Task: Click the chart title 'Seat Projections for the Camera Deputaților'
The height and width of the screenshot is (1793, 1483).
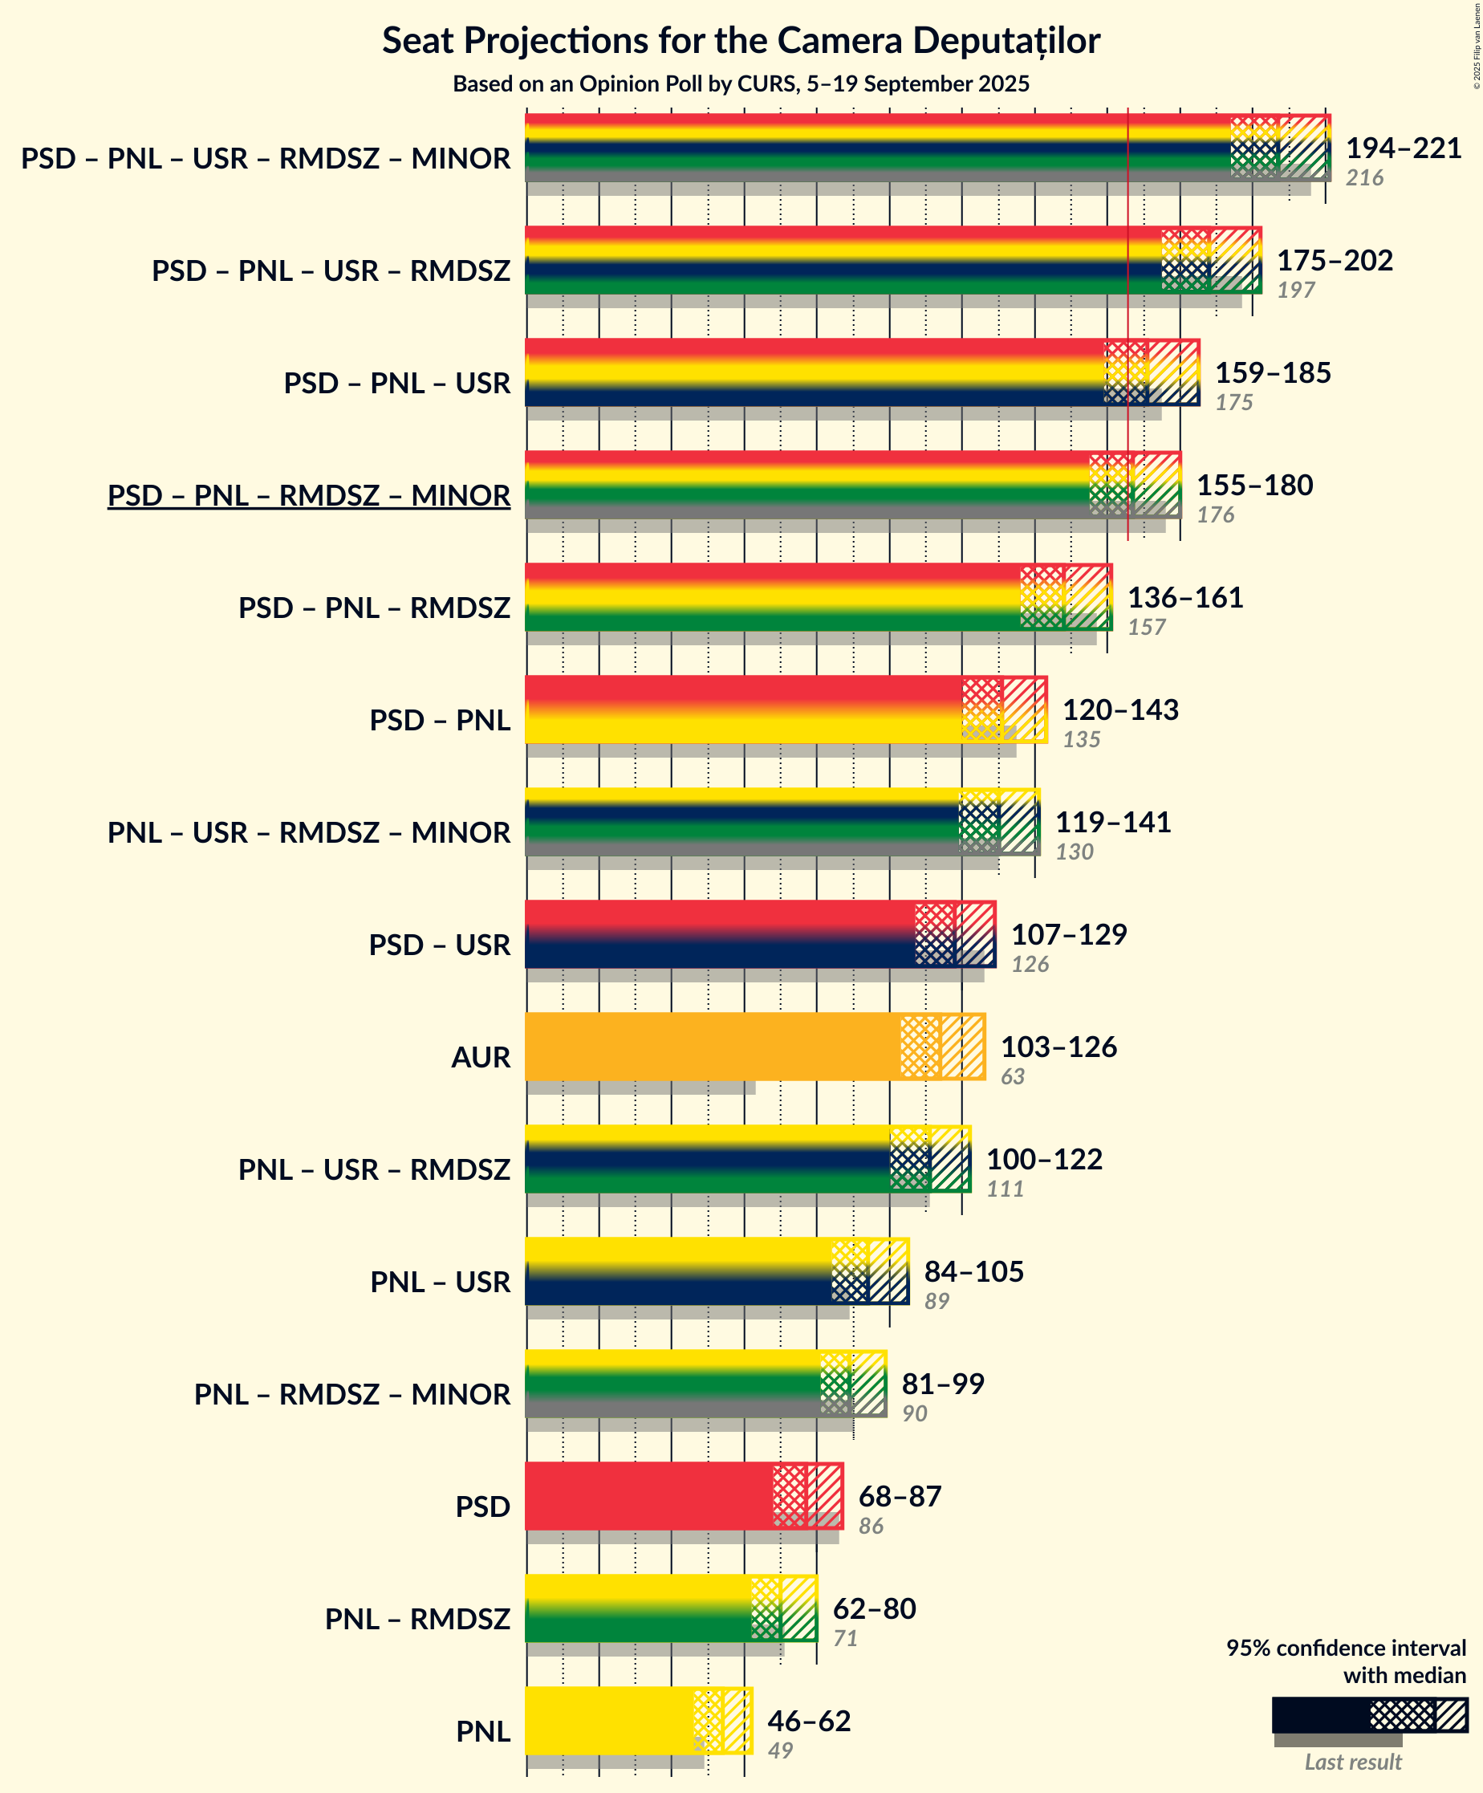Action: [x=741, y=41]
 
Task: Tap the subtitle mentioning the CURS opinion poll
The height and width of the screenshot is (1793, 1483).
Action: [x=741, y=83]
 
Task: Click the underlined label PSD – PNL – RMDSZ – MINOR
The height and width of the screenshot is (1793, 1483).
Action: [x=309, y=495]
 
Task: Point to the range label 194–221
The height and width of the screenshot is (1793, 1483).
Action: [x=1404, y=148]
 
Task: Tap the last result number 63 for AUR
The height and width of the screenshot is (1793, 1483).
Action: [x=1013, y=1076]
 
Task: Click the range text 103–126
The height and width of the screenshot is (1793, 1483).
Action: [x=1058, y=1047]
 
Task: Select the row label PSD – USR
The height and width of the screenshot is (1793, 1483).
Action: [x=440, y=945]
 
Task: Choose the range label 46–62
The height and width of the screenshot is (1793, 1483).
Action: [x=810, y=1721]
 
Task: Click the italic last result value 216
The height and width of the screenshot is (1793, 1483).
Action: [x=1364, y=178]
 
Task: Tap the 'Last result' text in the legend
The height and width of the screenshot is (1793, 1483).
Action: [x=1353, y=1762]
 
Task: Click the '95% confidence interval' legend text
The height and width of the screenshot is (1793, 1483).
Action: [x=1347, y=1648]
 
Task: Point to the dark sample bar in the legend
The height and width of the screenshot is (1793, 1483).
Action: [x=1320, y=1714]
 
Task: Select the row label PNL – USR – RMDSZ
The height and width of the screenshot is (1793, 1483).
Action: [x=374, y=1169]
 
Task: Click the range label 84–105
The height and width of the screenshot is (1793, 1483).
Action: [x=974, y=1271]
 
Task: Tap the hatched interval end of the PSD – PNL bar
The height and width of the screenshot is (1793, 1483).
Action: [x=1025, y=709]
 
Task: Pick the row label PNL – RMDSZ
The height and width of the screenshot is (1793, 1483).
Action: [x=417, y=1619]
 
